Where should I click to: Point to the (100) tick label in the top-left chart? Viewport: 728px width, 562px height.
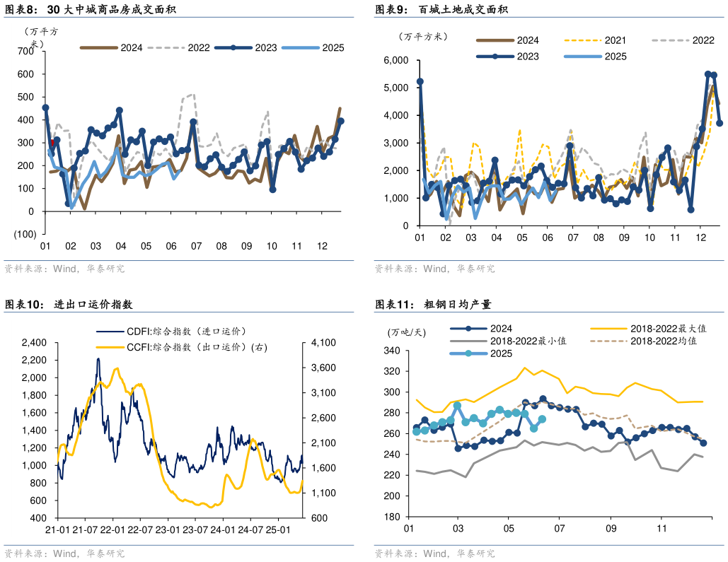pyautogui.click(x=24, y=234)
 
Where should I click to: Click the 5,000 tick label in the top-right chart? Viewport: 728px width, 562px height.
pyautogui.click(x=393, y=88)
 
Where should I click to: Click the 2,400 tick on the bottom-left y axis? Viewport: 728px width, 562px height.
pyautogui.click(x=33, y=343)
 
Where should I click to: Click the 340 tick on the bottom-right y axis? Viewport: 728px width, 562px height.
pyautogui.click(x=391, y=351)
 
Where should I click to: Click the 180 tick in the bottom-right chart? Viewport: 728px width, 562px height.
pyautogui.click(x=391, y=517)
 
